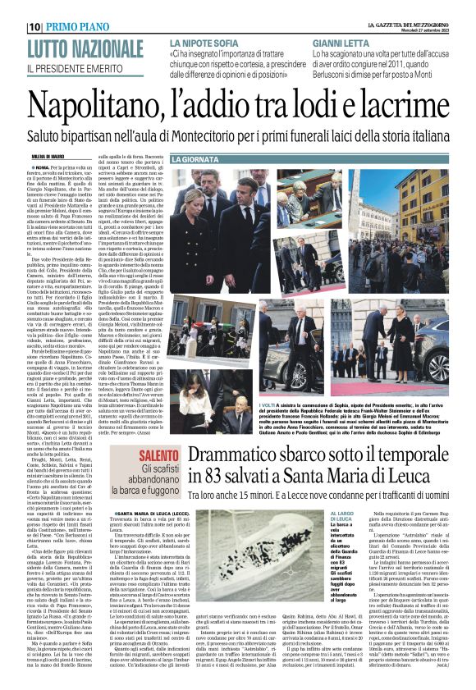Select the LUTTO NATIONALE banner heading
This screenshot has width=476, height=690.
[85, 48]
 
